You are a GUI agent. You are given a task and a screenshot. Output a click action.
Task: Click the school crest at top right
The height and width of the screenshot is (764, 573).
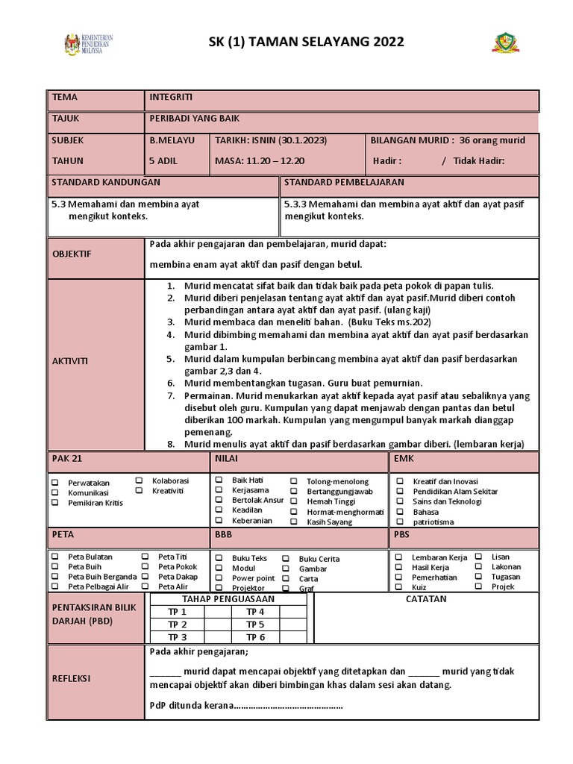[x=505, y=43]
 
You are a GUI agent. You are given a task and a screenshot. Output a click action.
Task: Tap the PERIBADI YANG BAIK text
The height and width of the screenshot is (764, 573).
[x=195, y=119]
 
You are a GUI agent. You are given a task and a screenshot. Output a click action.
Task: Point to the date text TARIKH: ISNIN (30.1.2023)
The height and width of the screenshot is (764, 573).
[x=270, y=140]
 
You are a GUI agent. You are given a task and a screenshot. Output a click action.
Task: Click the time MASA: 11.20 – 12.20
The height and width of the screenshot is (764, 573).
[x=260, y=160]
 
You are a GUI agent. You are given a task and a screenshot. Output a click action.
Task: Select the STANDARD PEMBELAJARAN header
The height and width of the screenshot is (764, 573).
[x=344, y=182]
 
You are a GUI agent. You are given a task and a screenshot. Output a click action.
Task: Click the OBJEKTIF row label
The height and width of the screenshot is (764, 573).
[x=71, y=254]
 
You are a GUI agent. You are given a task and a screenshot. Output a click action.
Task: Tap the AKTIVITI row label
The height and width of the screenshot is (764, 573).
[x=69, y=361]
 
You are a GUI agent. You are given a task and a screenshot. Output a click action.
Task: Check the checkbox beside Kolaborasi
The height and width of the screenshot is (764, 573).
[x=139, y=480]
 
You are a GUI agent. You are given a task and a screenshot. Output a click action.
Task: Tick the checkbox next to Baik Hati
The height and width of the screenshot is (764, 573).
[x=219, y=480]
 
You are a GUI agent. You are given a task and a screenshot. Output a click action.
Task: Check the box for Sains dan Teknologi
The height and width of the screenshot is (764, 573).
[x=399, y=502]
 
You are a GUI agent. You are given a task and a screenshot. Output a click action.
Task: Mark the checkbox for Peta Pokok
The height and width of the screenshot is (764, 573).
[x=145, y=567]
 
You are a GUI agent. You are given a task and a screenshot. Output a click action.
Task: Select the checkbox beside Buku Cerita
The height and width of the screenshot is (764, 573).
[x=286, y=558]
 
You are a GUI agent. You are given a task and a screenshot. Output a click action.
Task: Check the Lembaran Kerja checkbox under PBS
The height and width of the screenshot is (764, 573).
[x=399, y=557]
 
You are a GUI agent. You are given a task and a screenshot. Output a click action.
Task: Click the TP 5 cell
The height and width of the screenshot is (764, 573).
[x=255, y=624]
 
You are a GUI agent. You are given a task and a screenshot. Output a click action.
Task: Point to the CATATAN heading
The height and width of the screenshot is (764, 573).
[x=426, y=599]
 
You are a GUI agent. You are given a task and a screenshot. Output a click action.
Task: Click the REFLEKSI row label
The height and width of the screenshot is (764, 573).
[x=71, y=678]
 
